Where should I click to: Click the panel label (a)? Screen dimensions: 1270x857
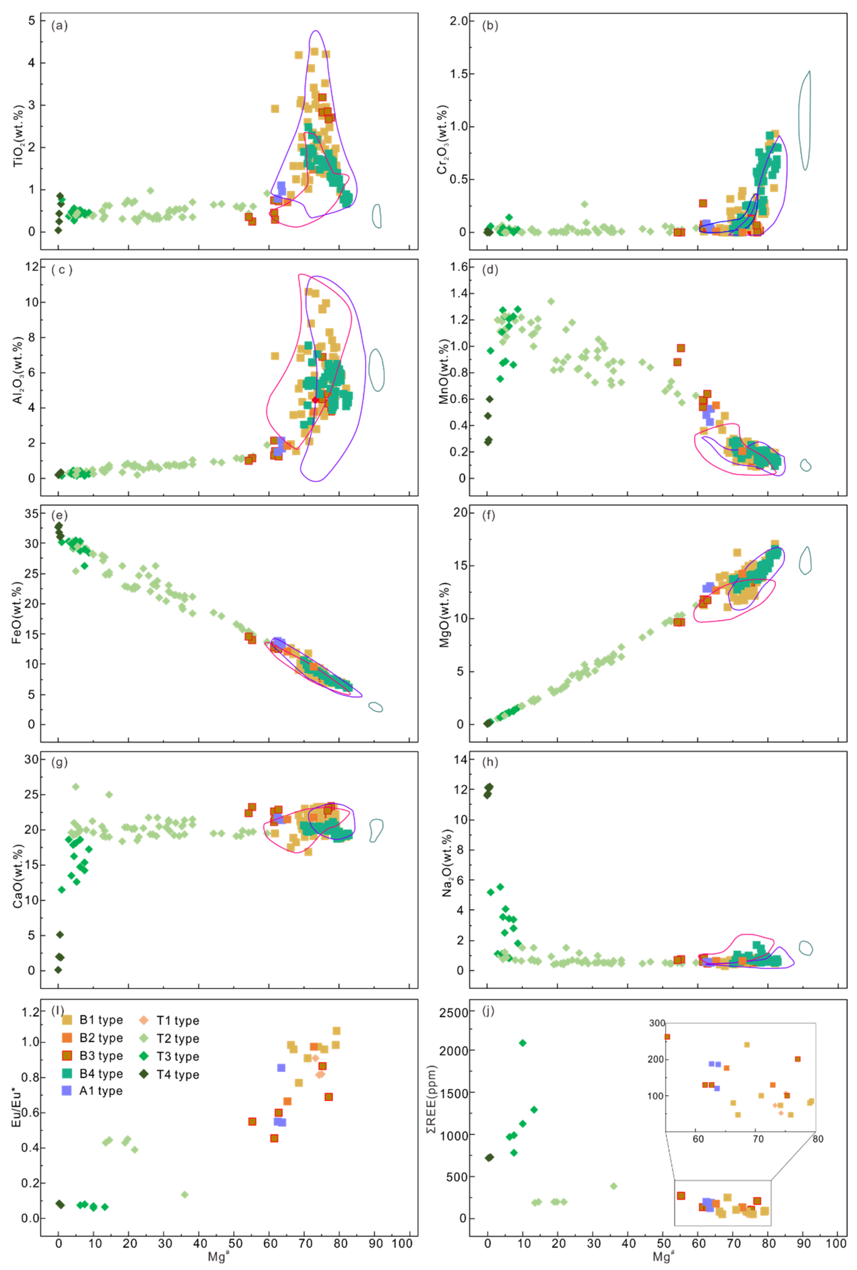(x=59, y=26)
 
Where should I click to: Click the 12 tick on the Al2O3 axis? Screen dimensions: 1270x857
(x=32, y=267)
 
